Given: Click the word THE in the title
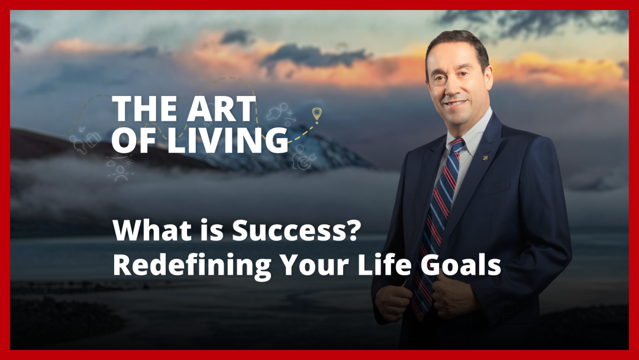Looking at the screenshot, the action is [x=145, y=108].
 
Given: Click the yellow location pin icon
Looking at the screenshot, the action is [x=317, y=114].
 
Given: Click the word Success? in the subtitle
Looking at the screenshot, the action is [x=296, y=230].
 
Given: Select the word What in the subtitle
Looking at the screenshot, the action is [x=152, y=230].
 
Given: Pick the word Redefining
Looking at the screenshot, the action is [x=192, y=265].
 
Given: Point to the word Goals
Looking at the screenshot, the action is [x=460, y=265].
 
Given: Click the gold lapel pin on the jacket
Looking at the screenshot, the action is [x=485, y=157].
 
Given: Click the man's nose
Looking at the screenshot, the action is [x=456, y=87].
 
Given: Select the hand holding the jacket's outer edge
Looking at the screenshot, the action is [x=393, y=303].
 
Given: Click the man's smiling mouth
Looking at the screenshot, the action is [x=454, y=103].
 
